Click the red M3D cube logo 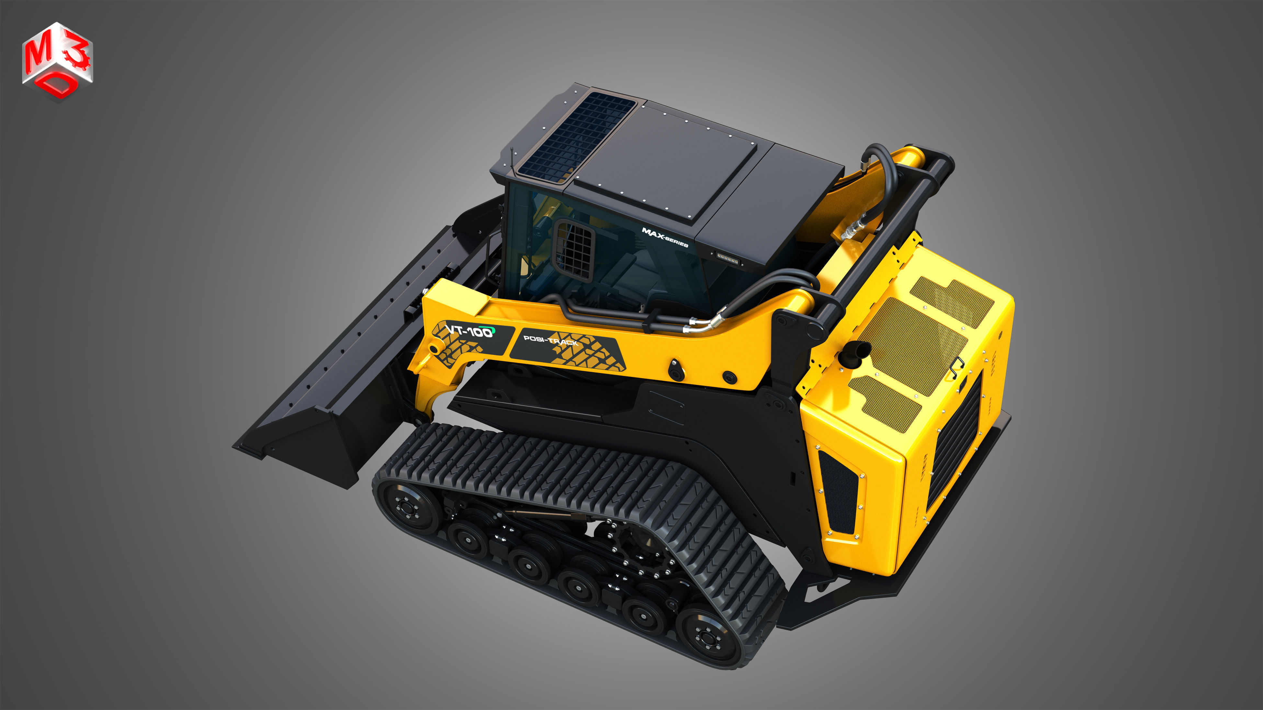point(57,61)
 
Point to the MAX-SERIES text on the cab point(665,238)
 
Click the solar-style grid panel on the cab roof point(576,135)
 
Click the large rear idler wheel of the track point(706,637)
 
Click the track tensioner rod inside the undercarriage point(539,513)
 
